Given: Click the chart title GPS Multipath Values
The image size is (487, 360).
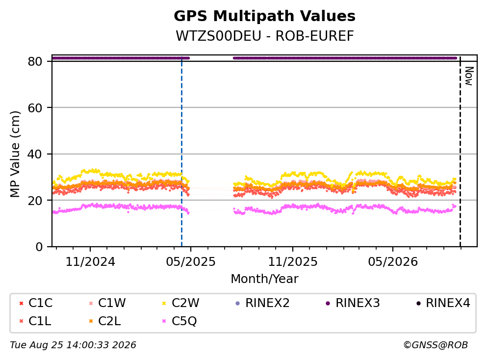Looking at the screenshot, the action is pyautogui.click(x=264, y=16).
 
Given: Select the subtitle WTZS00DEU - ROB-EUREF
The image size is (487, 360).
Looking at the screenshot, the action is pyautogui.click(x=265, y=36).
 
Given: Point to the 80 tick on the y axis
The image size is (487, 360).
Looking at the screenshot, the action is pyautogui.click(x=35, y=61).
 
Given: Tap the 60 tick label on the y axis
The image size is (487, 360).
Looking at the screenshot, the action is pyautogui.click(x=35, y=108).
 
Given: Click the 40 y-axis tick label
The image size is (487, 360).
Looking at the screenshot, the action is pyautogui.click(x=35, y=154).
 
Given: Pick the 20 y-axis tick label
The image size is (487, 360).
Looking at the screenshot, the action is pyautogui.click(x=35, y=200).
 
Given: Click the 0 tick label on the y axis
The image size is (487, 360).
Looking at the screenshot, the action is pyautogui.click(x=39, y=247).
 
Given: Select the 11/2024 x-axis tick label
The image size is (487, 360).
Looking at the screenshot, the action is pyautogui.click(x=90, y=262).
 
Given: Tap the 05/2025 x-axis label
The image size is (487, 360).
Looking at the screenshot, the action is pyautogui.click(x=191, y=262).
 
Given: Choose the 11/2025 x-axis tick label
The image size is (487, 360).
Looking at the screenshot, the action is pyautogui.click(x=293, y=262).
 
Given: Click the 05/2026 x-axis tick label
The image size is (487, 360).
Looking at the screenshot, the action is pyautogui.click(x=393, y=262).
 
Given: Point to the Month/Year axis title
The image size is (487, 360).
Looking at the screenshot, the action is pyautogui.click(x=264, y=279).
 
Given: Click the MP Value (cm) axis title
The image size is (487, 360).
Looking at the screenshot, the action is pyautogui.click(x=15, y=154).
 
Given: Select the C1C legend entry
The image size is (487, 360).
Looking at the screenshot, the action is pyautogui.click(x=36, y=303).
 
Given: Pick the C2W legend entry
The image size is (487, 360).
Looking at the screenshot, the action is pyautogui.click(x=181, y=303).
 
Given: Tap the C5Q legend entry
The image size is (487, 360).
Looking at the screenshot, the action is pyautogui.click(x=179, y=321).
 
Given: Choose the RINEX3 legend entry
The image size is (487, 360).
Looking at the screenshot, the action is pyautogui.click(x=353, y=303).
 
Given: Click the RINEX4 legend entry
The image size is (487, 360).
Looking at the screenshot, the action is pyautogui.click(x=443, y=303).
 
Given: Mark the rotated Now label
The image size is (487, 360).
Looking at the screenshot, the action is pyautogui.click(x=469, y=76).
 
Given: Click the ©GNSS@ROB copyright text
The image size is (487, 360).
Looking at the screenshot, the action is pyautogui.click(x=436, y=345).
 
